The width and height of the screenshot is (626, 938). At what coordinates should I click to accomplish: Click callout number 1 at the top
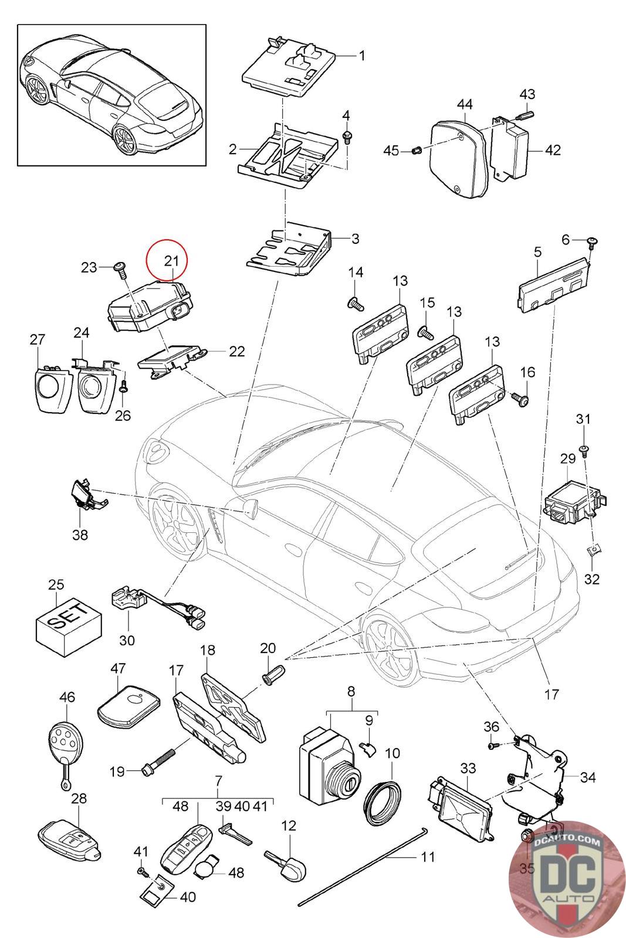362,56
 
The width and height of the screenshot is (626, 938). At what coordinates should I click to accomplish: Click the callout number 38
80,535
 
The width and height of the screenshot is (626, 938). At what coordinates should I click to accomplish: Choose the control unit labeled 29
571,505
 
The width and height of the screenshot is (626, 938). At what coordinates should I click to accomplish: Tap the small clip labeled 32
594,550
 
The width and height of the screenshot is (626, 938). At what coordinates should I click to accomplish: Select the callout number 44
465,104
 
